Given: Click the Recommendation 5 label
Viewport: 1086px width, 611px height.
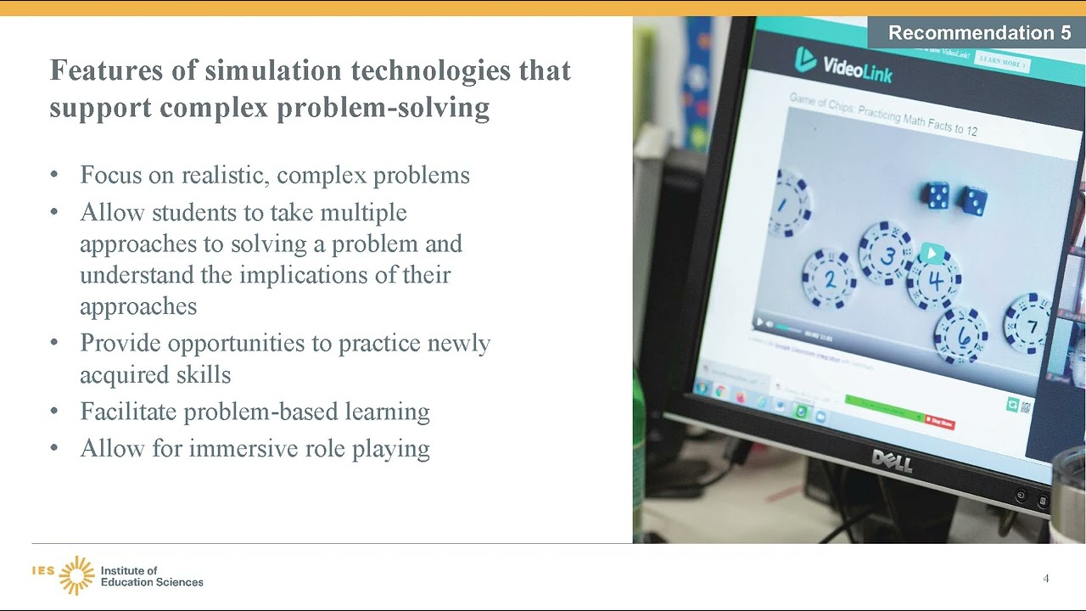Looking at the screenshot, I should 979,33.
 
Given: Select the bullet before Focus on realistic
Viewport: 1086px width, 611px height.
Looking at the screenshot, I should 55,175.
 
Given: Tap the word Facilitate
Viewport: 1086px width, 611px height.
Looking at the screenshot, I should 129,412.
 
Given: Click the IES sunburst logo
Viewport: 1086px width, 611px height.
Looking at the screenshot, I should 76,575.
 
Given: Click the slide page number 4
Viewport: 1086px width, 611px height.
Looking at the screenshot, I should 1046,579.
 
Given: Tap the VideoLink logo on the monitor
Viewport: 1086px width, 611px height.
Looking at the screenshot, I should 843,63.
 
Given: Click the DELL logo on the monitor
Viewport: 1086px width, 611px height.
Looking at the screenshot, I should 892,461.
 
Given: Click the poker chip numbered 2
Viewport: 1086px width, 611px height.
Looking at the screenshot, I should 829,278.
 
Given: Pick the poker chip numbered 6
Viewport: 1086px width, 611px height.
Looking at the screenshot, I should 961,335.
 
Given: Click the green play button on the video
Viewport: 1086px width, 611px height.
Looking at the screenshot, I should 932,253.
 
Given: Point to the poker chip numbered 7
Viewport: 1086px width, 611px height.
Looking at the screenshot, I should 1029,324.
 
